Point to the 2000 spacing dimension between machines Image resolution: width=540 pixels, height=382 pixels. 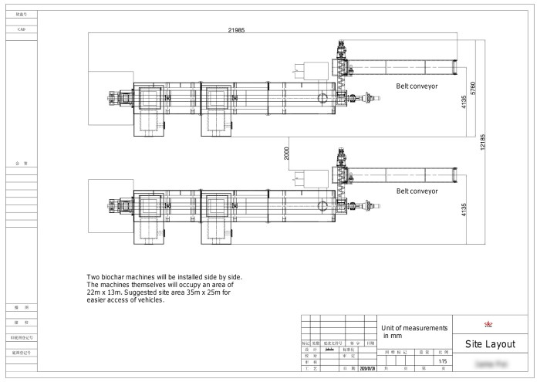(285, 153)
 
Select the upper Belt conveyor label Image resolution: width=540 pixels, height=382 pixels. (417, 86)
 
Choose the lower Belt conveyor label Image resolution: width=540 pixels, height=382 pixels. (417, 190)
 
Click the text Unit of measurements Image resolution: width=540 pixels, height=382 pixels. (414, 328)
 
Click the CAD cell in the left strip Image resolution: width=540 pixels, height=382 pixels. (22, 29)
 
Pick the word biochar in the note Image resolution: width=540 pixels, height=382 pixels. (118, 276)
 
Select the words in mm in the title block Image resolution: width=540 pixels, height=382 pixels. (393, 336)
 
